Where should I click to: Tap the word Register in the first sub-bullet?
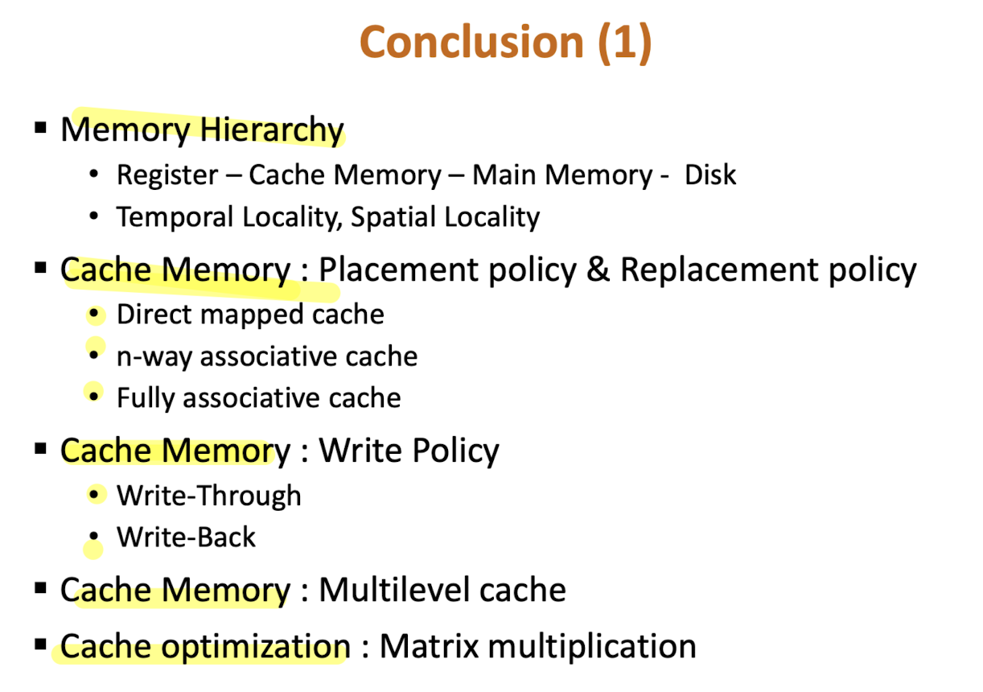coord(167,175)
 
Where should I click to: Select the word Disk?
coord(710,175)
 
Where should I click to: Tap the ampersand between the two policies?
coord(598,271)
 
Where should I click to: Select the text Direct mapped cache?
coord(250,315)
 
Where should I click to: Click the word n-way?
coord(154,356)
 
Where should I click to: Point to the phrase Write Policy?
coord(409,451)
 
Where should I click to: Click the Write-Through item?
coord(209,496)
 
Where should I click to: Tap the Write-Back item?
coord(186,538)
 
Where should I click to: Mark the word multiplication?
coord(587,647)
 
